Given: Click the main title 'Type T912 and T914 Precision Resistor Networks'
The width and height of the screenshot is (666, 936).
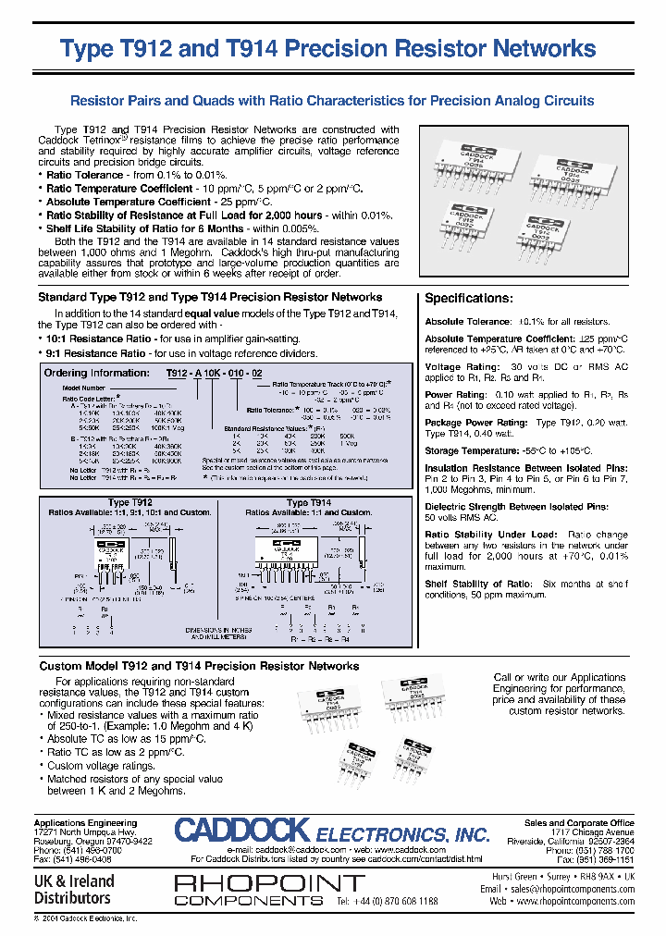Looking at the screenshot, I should [x=327, y=49].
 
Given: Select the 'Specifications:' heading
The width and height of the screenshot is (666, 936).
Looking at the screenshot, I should [x=468, y=299].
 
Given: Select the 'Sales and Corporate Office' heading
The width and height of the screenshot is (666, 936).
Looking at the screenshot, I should [x=579, y=822].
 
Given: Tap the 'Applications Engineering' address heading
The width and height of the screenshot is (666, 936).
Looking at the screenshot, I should [x=85, y=822].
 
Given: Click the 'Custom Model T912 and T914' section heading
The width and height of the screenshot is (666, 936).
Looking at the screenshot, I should [x=198, y=666].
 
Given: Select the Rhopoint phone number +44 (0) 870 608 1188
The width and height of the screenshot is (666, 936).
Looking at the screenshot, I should [x=388, y=900].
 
